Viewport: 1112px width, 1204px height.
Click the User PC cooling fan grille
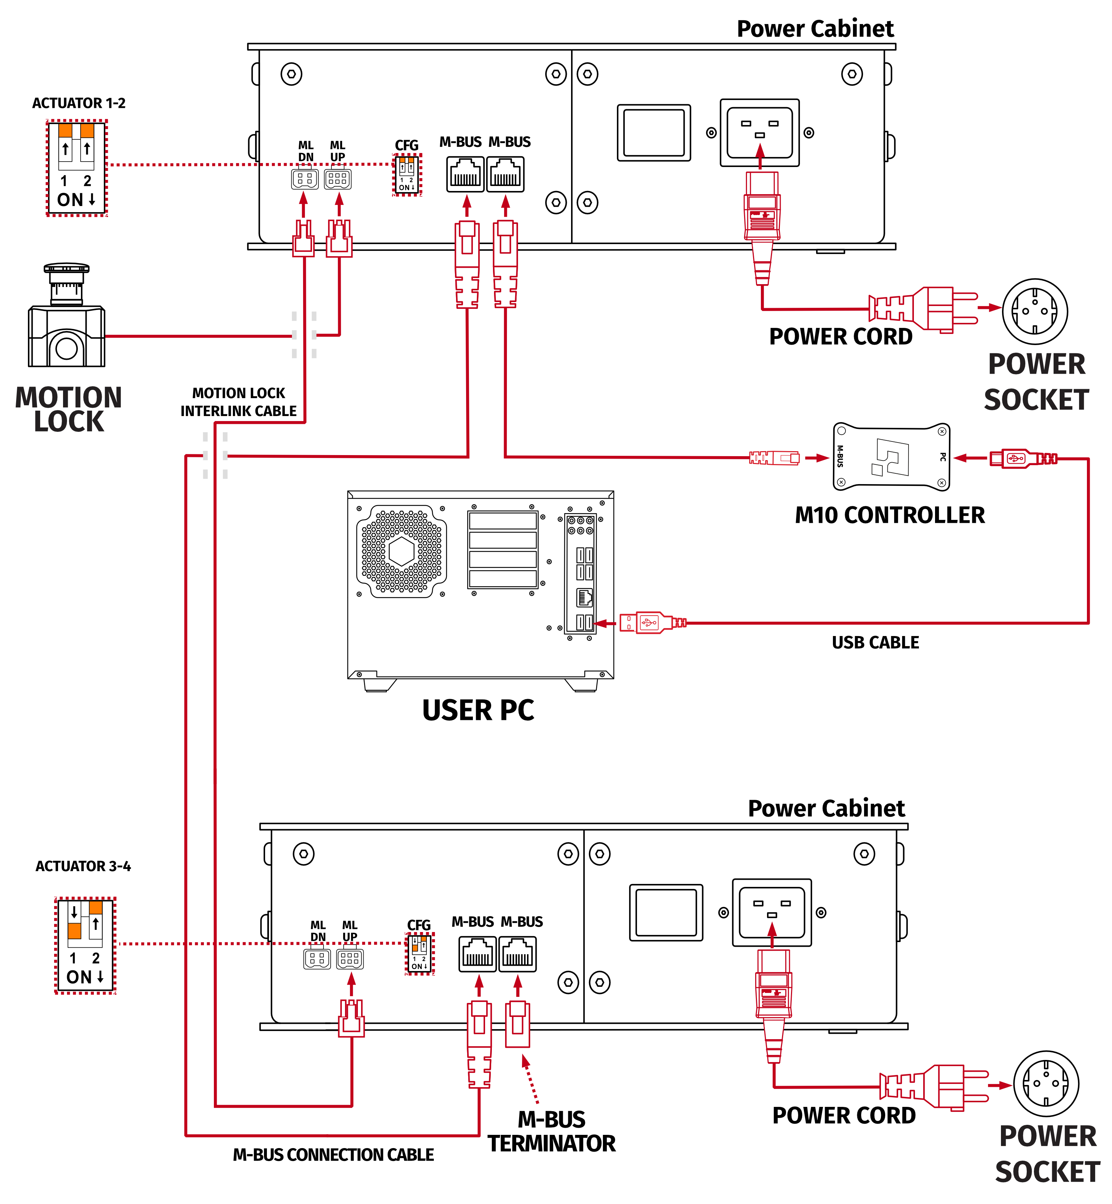(401, 551)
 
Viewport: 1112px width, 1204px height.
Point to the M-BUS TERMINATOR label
(551, 1131)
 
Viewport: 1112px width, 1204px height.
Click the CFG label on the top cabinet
(406, 145)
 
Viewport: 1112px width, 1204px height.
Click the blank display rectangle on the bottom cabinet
(666, 912)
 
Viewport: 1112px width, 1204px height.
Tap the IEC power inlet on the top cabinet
(759, 133)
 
